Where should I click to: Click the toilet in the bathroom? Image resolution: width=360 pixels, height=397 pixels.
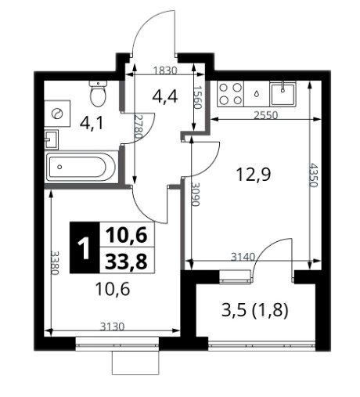98,93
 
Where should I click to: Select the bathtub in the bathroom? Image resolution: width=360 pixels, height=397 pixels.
81,167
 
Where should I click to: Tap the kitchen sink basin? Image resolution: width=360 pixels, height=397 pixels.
283,93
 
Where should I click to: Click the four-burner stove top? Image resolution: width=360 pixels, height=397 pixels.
230,94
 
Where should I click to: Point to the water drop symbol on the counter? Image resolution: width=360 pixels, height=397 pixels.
257,93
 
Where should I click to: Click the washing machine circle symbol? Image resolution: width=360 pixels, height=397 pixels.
57,114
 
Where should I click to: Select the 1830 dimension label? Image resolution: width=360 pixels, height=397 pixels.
165,70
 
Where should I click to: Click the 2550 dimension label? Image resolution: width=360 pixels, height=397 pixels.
266,115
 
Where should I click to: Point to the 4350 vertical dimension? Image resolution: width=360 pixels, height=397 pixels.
314,175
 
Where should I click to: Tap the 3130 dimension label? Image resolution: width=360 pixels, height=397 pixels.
113,327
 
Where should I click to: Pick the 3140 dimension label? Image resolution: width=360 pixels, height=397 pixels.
243,257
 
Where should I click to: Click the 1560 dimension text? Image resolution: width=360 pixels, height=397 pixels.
198,97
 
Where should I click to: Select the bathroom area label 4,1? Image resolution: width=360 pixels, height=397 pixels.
92,123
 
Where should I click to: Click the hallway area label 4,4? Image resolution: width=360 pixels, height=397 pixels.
165,96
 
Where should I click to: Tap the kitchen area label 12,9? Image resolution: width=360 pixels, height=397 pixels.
254,175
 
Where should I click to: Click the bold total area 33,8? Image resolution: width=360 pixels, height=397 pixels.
126,262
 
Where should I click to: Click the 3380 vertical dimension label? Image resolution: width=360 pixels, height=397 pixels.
55,263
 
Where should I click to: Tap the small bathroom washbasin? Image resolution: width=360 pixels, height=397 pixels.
51,139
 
